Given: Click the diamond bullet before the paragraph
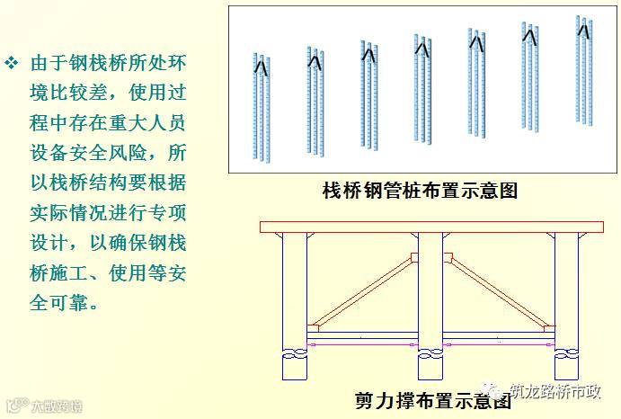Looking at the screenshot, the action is [x=13, y=64].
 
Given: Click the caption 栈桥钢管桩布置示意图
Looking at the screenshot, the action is [x=420, y=191].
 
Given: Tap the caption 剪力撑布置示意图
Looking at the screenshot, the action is [x=433, y=400].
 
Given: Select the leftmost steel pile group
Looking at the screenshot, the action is [x=262, y=106].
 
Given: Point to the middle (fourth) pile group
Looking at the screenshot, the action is [x=422, y=84].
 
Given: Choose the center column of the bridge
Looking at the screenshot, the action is [x=430, y=288].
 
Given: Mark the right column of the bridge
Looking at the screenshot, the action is [x=566, y=288].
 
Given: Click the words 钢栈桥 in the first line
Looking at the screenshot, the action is [x=93, y=65].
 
